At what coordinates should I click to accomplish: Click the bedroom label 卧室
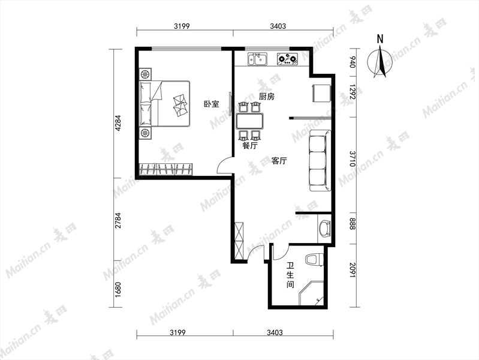212,104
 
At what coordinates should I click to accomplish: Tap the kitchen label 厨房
267,97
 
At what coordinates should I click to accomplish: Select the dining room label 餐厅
250,146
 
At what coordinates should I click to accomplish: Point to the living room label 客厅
279,161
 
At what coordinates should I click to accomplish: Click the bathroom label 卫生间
290,275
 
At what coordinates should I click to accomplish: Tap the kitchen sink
258,59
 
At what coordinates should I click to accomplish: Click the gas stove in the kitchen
287,59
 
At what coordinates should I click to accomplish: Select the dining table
249,121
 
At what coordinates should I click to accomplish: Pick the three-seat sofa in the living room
320,161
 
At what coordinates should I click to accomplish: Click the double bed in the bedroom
165,103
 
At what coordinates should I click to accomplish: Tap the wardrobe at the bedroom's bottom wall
166,169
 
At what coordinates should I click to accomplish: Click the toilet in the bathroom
314,259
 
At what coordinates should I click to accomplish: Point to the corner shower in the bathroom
311,293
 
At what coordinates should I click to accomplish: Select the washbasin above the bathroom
324,229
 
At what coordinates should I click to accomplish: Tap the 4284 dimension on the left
118,122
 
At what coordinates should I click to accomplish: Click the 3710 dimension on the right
353,158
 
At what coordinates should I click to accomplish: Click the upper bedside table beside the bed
146,74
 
